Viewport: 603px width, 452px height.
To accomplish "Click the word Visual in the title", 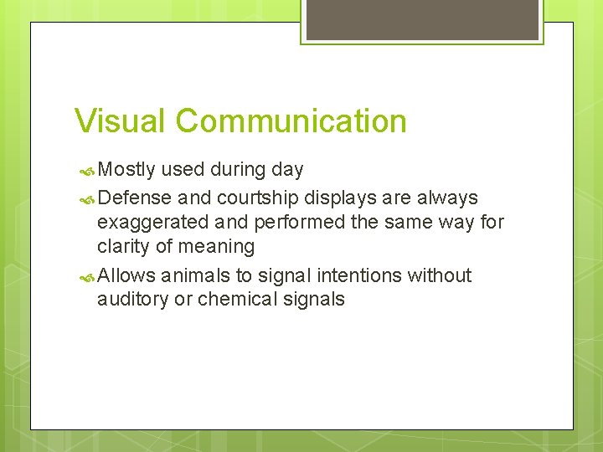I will tap(121, 121).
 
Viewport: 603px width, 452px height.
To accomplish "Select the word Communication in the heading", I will tap(291, 121).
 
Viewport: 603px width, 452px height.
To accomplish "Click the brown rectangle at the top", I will tap(422, 19).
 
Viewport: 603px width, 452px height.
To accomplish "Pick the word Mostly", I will tap(126, 170).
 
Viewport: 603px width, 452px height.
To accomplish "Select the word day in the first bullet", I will tap(287, 170).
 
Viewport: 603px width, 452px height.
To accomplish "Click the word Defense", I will tap(135, 198).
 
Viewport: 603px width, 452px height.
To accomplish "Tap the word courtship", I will tap(257, 198).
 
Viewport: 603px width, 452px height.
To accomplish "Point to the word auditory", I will tap(133, 300).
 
